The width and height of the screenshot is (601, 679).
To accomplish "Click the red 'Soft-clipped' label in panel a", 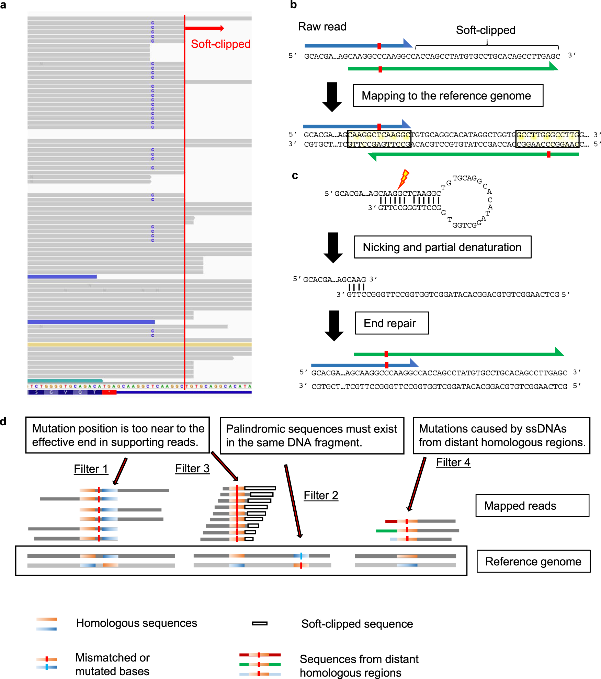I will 220,44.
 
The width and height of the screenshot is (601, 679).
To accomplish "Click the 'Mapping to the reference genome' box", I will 448,95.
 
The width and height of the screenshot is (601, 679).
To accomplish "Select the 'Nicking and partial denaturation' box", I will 442,247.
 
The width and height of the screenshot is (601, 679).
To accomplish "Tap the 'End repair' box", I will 392,323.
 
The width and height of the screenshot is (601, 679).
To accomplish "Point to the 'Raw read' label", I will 322,26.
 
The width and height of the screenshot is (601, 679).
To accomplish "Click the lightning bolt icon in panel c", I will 404,178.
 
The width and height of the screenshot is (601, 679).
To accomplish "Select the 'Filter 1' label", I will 91,469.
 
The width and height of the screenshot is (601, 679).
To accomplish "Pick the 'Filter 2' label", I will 321,495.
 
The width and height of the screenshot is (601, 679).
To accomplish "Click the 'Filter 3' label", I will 192,469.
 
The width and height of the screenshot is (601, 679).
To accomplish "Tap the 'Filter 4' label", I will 453,462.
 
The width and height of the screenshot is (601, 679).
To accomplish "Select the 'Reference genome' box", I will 533,561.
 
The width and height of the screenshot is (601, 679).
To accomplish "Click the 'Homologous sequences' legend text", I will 137,623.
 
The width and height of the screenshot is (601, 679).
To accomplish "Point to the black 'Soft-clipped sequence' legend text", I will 357,624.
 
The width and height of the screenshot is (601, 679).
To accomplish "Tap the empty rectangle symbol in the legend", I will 260,623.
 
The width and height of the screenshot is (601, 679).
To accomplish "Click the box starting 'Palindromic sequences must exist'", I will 312,436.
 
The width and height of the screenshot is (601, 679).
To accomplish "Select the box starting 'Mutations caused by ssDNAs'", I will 501,436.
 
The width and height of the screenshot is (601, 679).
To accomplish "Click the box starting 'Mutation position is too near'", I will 117,435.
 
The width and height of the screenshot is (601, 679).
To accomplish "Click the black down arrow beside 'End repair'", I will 334,325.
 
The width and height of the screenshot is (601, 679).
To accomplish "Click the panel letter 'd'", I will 3,421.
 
